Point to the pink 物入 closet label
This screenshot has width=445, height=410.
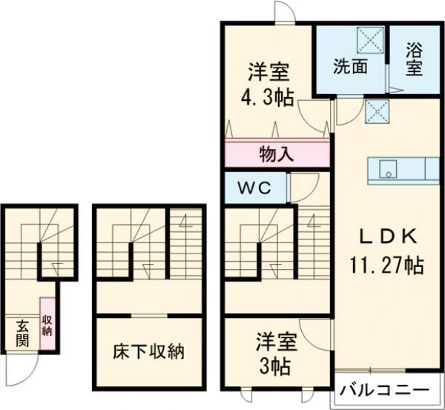coord(277,155)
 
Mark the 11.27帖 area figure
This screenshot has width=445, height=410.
coord(386,265)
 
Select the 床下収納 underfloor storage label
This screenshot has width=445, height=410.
coord(149,351)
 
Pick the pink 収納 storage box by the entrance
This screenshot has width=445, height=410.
coord(47,326)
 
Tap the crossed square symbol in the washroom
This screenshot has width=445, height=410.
coord(370,39)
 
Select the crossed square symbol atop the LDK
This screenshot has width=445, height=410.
coord(378,113)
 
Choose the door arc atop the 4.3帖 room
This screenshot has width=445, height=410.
coord(284,13)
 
